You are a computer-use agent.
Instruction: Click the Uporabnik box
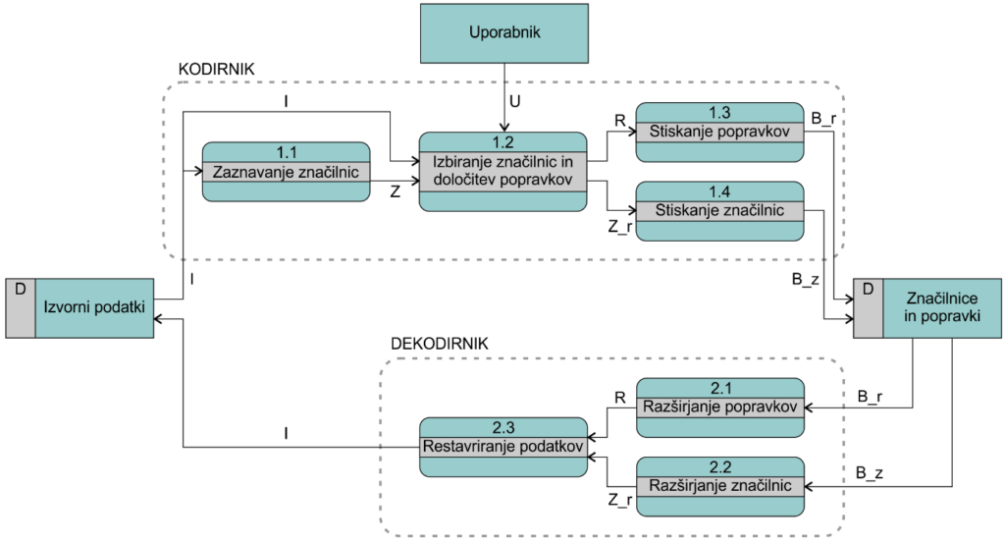503,33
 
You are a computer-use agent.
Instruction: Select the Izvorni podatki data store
79,307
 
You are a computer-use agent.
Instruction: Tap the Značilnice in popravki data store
926,307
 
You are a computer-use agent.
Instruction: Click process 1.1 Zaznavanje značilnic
286,172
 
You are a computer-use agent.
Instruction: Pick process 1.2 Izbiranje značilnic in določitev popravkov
502,172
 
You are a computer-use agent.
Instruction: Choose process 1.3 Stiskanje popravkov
719,132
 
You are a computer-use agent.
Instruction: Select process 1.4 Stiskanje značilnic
719,211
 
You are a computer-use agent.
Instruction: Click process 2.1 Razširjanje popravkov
719,407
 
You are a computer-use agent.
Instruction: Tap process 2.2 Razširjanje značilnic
719,487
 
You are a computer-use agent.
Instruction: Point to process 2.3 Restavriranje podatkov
503,447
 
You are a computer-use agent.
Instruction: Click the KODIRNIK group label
216,70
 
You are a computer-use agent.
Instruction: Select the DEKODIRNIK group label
439,344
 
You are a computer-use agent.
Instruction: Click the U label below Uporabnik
514,101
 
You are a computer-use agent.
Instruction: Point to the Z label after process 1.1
396,191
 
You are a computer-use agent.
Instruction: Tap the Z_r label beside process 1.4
620,226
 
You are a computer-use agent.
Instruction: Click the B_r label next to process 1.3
823,119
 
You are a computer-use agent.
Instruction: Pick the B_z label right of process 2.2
870,473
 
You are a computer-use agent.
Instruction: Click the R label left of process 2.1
620,398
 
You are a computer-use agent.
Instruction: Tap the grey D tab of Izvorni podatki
21,307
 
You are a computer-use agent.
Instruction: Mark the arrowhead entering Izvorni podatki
159,318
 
